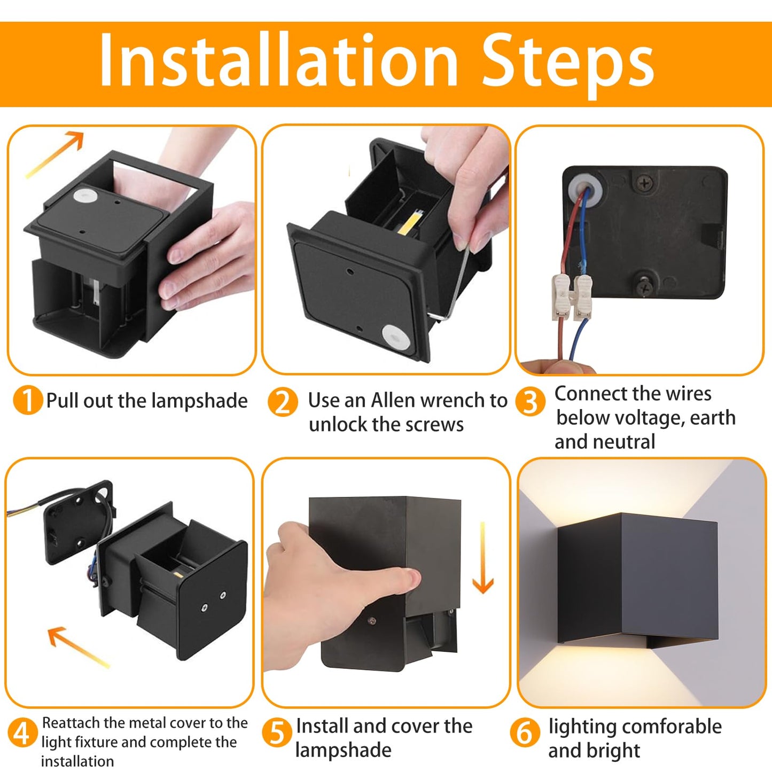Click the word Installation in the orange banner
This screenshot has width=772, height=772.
pyautogui.click(x=278, y=59)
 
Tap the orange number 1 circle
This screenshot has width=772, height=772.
pyautogui.click(x=27, y=401)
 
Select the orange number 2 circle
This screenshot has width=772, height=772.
pyautogui.click(x=283, y=402)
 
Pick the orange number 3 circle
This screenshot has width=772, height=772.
pyautogui.click(x=530, y=402)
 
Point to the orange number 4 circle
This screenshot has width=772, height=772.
pyautogui.click(x=21, y=733)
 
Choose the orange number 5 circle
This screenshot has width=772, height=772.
pyautogui.click(x=277, y=733)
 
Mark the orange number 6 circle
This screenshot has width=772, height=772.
pyautogui.click(x=524, y=733)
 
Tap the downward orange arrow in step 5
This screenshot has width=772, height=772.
pyautogui.click(x=483, y=558)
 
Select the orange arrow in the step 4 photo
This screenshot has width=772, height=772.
pyautogui.click(x=77, y=646)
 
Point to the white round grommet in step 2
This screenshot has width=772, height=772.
pyautogui.click(x=396, y=338)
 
